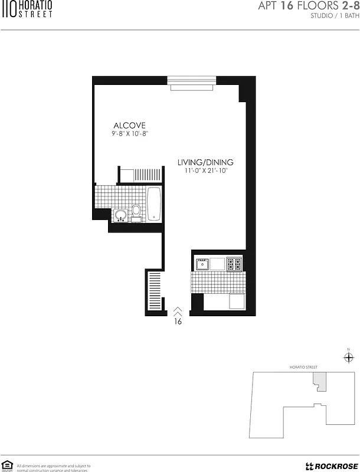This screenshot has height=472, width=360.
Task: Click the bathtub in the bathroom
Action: point(153,204)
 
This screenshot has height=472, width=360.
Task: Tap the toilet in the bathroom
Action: point(136,211)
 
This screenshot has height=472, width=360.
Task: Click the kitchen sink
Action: point(202,264)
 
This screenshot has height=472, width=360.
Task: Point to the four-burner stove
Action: point(234,264)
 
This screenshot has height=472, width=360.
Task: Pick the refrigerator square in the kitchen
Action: point(237,301)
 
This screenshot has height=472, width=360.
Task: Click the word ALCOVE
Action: point(129,125)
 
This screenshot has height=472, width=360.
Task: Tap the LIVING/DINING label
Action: point(206,162)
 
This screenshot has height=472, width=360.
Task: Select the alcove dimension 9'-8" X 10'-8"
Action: point(129,135)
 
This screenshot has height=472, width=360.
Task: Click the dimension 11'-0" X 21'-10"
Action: point(206,171)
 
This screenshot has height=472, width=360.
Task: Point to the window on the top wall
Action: point(191,83)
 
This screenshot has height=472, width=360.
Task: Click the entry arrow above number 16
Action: point(178,310)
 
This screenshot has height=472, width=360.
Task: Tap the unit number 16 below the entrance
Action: point(178,322)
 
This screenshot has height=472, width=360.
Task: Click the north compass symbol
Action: point(348,358)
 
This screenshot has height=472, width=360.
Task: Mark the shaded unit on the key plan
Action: point(319,381)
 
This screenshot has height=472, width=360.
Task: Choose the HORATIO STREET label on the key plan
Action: point(303,367)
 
